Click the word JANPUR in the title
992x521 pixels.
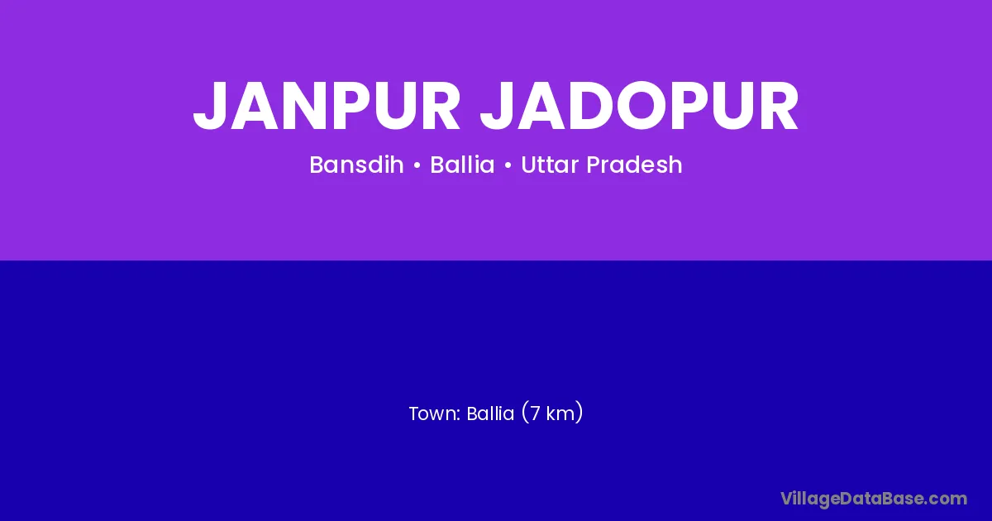point(327,107)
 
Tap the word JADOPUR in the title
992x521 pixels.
point(640,107)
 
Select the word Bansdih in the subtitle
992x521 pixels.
point(356,165)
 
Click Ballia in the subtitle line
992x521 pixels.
point(462,165)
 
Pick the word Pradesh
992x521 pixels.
point(634,165)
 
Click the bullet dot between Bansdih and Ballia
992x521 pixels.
point(417,165)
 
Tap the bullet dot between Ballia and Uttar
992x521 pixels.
point(508,165)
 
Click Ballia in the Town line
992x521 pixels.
point(490,413)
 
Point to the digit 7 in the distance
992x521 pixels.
point(535,413)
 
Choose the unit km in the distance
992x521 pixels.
point(560,413)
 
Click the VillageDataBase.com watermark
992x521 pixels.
point(874,499)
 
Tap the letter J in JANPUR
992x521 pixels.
point(209,107)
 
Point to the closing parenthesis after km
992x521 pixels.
point(579,413)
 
